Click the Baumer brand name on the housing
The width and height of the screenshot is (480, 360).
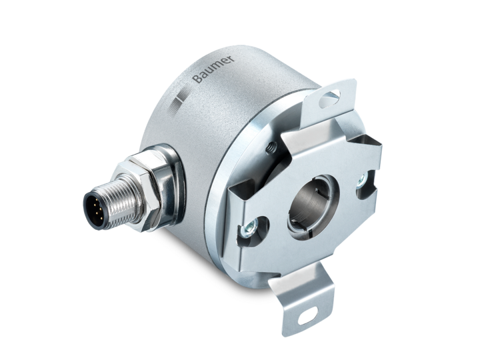coord(214,69)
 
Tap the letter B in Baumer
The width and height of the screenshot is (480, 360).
coord(197,79)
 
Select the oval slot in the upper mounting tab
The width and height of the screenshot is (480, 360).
coord(329,98)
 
